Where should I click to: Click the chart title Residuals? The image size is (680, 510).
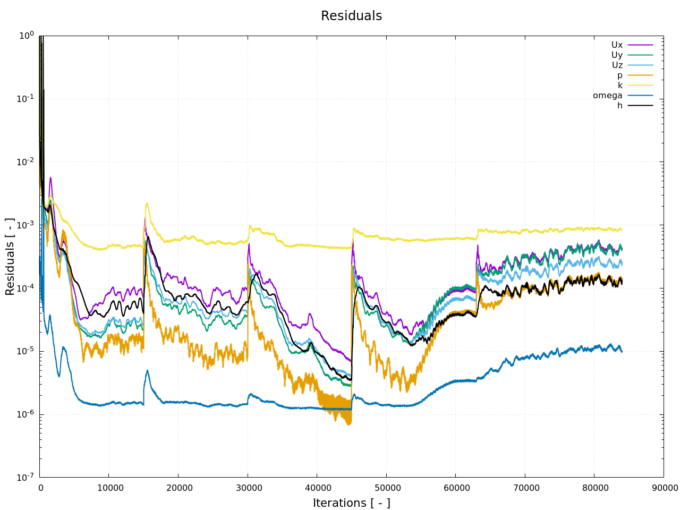(x=351, y=16)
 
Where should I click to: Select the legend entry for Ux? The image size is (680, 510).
(x=617, y=45)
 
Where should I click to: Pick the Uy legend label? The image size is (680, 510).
(x=617, y=55)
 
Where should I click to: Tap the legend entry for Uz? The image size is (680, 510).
(x=617, y=65)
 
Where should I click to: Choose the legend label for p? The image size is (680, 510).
(x=619, y=75)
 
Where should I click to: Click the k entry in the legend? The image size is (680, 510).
(x=619, y=86)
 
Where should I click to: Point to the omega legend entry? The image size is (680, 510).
(x=608, y=96)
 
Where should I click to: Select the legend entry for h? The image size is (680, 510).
(x=619, y=106)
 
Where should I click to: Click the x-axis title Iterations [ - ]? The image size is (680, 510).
(x=351, y=503)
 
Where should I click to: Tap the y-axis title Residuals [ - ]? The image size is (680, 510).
(x=10, y=257)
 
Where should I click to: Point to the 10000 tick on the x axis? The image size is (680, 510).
(x=109, y=488)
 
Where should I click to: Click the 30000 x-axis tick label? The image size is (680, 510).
(x=248, y=488)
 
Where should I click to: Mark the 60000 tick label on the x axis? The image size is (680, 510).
(x=455, y=488)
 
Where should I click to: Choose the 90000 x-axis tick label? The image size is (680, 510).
(x=664, y=488)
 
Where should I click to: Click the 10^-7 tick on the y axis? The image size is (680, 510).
(x=26, y=477)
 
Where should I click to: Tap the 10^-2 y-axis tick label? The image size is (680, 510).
(x=26, y=161)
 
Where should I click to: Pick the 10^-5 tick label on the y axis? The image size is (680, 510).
(x=26, y=351)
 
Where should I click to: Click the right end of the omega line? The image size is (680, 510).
(x=622, y=351)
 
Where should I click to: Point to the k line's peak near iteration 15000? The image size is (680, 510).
(x=147, y=203)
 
